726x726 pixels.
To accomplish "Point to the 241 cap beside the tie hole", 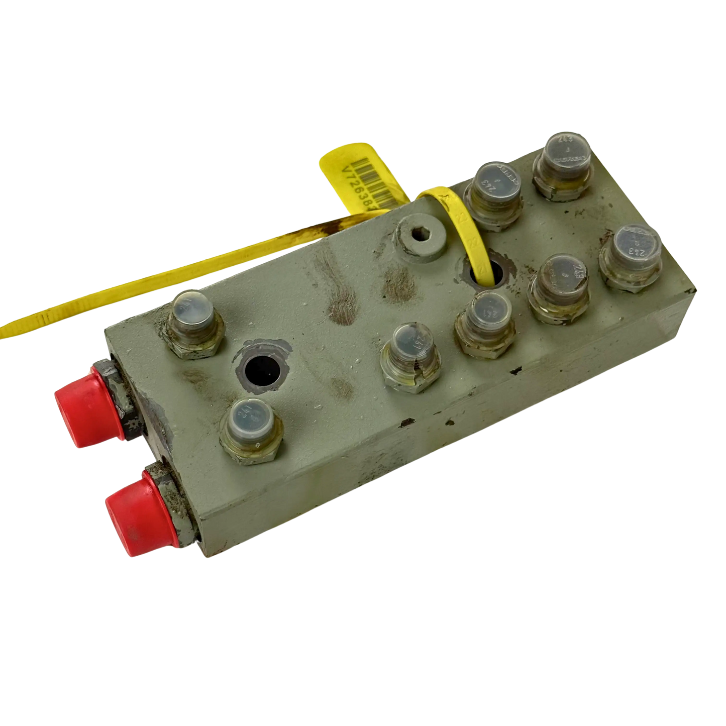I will click(484, 315).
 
